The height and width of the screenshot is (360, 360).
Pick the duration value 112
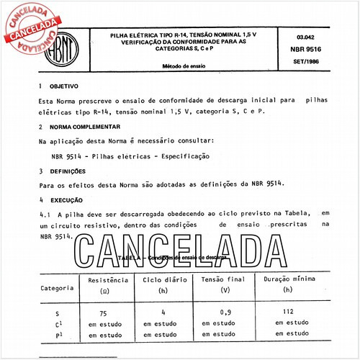(x=288, y=312)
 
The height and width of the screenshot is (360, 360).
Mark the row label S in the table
(x=57, y=314)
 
